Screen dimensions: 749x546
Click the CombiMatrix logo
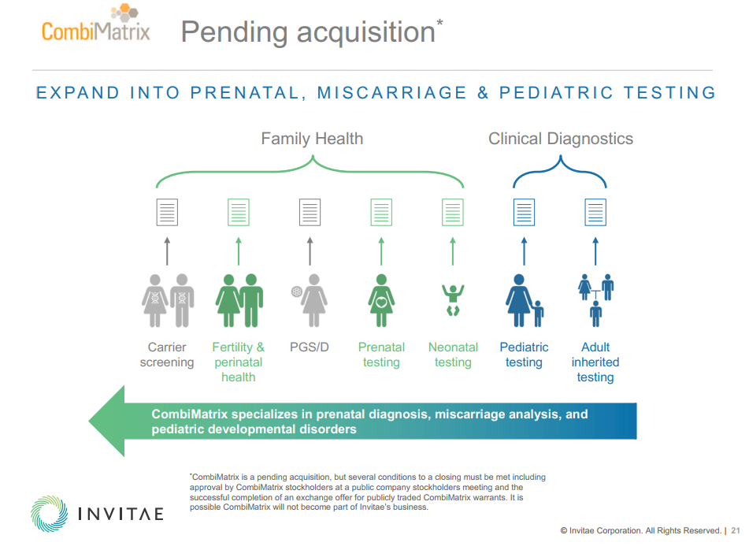[x=95, y=24]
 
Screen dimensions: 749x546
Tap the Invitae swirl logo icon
[x=49, y=514]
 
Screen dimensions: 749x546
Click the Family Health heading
[x=312, y=139]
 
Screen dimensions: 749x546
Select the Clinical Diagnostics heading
[x=560, y=139]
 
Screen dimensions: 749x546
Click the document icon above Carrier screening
[x=167, y=212]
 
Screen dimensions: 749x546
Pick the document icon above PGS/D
[x=310, y=212]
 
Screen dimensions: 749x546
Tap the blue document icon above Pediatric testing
[x=524, y=212]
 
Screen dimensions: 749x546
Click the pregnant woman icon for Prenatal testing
[x=381, y=300]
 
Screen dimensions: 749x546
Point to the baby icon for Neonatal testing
[x=453, y=300]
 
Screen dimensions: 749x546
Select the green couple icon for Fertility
[x=239, y=300]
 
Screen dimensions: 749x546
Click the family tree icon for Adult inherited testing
[x=595, y=300]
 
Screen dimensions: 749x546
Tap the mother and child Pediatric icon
[x=525, y=300]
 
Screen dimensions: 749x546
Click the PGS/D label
[x=310, y=347]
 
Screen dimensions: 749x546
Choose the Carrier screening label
[x=167, y=355]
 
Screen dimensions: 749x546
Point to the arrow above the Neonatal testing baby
[x=453, y=251]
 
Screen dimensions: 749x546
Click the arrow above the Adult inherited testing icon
[x=595, y=251]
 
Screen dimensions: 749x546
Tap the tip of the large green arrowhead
[x=89, y=421]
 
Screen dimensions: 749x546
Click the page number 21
[x=736, y=531]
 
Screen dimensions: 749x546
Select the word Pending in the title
[x=234, y=32]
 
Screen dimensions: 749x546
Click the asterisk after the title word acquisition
[x=439, y=22]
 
